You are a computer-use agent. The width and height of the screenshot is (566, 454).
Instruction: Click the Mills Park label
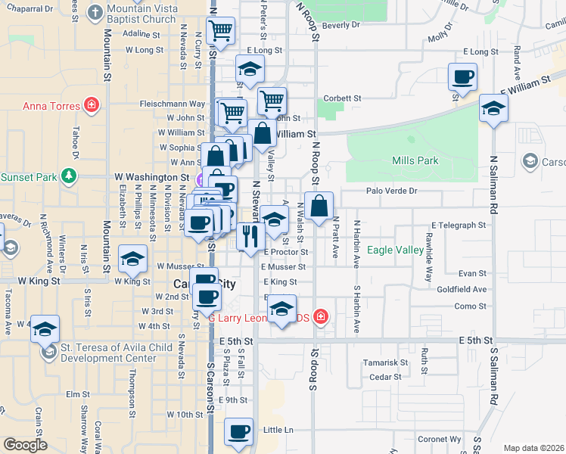(x=415, y=161)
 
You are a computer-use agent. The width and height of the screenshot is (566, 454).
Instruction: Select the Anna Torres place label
(x=51, y=106)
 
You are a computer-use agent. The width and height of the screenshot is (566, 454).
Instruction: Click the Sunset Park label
(x=29, y=177)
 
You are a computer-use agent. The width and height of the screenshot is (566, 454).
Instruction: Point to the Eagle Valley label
(x=395, y=250)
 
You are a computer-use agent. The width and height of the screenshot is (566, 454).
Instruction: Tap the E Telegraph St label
(x=458, y=225)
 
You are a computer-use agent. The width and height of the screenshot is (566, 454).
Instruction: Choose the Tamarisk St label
(x=385, y=362)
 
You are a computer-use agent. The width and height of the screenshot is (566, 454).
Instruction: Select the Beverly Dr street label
(x=341, y=25)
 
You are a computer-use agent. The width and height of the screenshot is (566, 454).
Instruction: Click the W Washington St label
(x=151, y=177)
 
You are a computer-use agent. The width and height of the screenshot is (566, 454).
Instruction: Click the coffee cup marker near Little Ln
(x=239, y=432)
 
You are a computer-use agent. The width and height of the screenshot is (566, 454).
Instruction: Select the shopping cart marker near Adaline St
(x=219, y=31)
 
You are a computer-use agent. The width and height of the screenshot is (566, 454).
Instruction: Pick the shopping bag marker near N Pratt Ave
(x=319, y=206)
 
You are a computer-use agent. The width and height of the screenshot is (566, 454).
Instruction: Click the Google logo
(x=26, y=445)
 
